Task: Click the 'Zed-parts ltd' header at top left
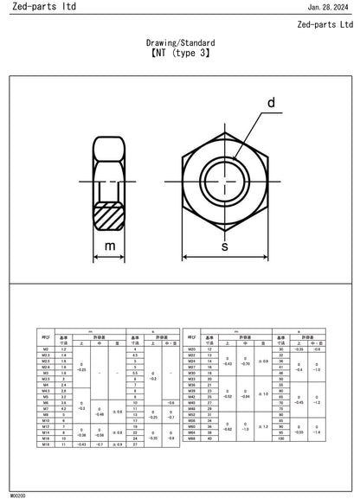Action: tap(35, 7)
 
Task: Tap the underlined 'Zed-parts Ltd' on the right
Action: tap(325, 25)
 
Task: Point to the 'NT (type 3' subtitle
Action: tap(180, 53)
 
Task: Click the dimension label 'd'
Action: tap(271, 104)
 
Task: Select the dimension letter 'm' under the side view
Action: tap(110, 247)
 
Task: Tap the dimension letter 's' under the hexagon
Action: tap(225, 247)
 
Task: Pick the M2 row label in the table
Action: tap(46, 349)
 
